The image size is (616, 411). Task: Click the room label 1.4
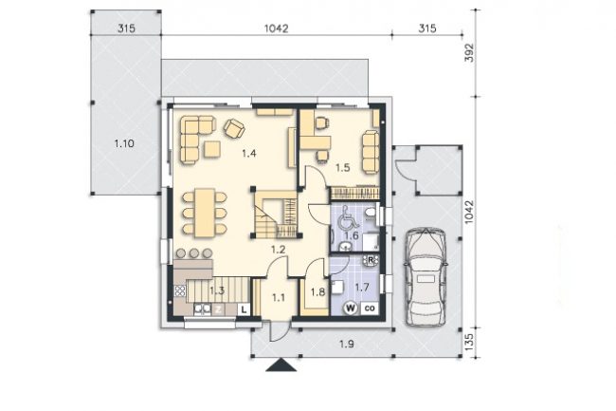[x=249, y=153]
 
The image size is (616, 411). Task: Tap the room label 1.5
[x=342, y=168]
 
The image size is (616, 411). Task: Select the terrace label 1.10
[x=124, y=143]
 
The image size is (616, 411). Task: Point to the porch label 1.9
[x=347, y=345]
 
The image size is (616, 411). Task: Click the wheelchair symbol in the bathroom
[x=347, y=217]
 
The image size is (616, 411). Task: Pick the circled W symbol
[x=351, y=308]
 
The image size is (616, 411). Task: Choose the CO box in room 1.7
[x=370, y=308]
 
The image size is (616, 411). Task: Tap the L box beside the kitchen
[x=244, y=309]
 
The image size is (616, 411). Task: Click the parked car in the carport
[x=426, y=277]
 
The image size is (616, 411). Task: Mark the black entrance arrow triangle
[x=281, y=365]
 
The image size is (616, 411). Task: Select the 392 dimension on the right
[x=469, y=53]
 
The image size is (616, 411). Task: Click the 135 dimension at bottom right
[x=469, y=342]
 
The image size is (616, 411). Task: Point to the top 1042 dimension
[x=276, y=28]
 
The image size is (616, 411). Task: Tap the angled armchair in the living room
[x=234, y=128]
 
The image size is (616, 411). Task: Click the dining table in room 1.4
[x=205, y=213]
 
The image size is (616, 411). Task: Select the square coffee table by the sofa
[x=212, y=149]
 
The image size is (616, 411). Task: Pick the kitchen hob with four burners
[x=180, y=291]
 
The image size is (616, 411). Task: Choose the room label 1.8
[x=317, y=292]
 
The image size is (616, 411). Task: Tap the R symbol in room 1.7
[x=371, y=260]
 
